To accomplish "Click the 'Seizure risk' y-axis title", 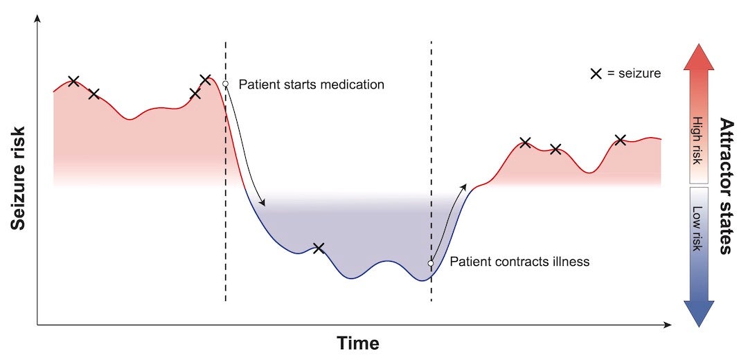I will pyautogui.click(x=19, y=177).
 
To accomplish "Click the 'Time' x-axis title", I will pyautogui.click(x=358, y=343).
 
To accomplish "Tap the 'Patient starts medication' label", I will pyautogui.click(x=311, y=84).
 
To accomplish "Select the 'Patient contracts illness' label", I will pyautogui.click(x=519, y=262).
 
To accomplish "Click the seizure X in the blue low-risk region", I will pyautogui.click(x=319, y=248).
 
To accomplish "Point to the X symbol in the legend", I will pyautogui.click(x=595, y=73).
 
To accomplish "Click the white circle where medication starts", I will pyautogui.click(x=225, y=84).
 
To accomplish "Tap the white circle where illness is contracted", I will pyautogui.click(x=431, y=263).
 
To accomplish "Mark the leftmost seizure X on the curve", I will pyautogui.click(x=73, y=82).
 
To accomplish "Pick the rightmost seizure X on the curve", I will pyautogui.click(x=621, y=140).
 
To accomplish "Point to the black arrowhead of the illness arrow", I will pyautogui.click(x=465, y=186).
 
